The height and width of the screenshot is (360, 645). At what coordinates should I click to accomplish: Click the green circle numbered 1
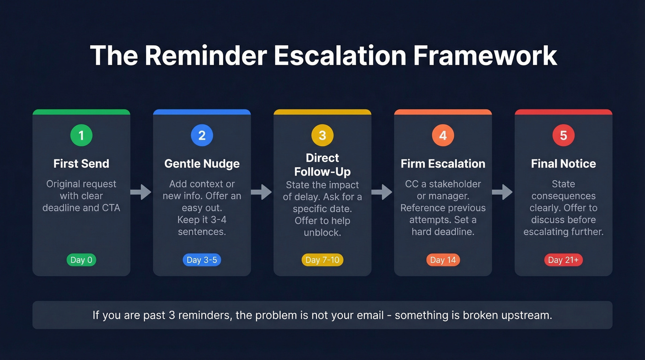point(81,136)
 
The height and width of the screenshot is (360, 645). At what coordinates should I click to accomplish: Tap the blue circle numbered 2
point(202,136)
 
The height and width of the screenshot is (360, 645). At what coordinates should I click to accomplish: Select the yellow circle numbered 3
point(322,136)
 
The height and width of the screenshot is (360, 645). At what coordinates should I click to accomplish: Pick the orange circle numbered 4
point(443,136)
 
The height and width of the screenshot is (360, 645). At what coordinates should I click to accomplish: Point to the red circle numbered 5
point(563,136)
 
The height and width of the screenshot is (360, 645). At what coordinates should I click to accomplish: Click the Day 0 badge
point(81,260)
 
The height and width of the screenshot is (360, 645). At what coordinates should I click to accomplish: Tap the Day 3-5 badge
point(202,260)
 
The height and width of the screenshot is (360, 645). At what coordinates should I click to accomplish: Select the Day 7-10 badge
point(322,260)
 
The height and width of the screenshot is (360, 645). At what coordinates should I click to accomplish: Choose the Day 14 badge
point(443,260)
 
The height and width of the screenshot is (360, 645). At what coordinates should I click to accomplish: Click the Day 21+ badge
point(563,260)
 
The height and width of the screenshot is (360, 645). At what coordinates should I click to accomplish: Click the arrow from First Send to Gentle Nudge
point(141,192)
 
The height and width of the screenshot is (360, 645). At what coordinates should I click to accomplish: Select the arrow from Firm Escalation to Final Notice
point(503,192)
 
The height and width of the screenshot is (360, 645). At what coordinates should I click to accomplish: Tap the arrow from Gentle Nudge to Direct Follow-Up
point(262,192)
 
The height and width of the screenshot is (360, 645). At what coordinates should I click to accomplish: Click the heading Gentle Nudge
point(202,164)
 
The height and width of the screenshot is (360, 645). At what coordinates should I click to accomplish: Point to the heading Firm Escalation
point(443,164)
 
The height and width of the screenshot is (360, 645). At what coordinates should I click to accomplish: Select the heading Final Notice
point(563,164)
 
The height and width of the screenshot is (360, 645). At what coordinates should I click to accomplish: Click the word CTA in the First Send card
point(111,208)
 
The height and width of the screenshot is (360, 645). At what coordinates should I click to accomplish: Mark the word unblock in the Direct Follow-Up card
point(322,232)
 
